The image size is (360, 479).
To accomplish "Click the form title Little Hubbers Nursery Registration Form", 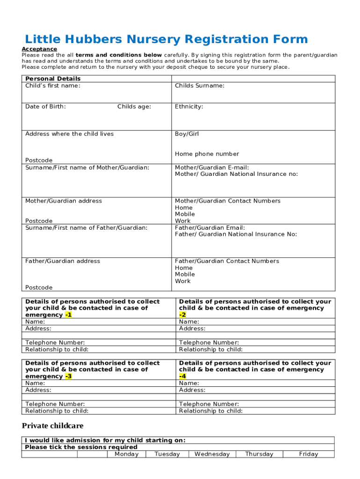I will click(x=166, y=39).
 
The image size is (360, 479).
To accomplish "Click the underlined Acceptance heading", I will click(x=39, y=49).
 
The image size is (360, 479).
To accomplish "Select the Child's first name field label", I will click(x=52, y=86).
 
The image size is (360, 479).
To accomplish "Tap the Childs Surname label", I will click(x=199, y=86).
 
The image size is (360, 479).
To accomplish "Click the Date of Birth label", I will click(x=45, y=107).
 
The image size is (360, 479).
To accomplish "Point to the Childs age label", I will click(x=134, y=107).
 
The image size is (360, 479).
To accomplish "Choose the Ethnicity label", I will click(x=189, y=107).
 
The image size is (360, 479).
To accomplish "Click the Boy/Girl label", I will click(x=187, y=134).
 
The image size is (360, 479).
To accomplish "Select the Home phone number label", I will click(x=207, y=154).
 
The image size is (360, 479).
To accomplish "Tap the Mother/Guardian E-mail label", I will click(x=212, y=167).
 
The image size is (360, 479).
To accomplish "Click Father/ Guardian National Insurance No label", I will click(x=236, y=234).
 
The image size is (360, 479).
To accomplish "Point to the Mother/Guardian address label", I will click(x=63, y=201).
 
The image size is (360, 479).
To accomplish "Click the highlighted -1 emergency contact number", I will click(x=68, y=315).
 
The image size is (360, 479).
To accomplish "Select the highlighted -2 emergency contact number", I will click(x=182, y=315).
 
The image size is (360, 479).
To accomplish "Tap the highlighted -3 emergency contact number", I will click(x=68, y=377).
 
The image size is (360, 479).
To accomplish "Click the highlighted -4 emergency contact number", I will click(x=182, y=377).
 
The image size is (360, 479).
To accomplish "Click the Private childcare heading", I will click(x=52, y=426).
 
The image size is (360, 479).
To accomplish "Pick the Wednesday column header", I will click(x=212, y=454).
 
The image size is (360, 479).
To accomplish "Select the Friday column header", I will click(x=308, y=454).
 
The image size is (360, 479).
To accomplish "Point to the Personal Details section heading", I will click(x=53, y=79).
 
